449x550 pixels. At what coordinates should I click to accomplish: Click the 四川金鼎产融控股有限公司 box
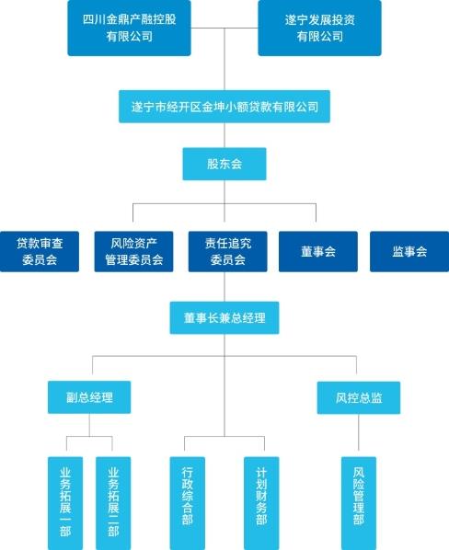click(129, 29)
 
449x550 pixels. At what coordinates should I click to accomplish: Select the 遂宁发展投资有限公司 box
click(319, 29)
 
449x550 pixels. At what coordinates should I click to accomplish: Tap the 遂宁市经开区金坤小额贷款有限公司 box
click(224, 107)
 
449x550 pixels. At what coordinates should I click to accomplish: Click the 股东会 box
click(224, 164)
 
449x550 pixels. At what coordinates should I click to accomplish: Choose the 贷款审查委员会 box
click(40, 251)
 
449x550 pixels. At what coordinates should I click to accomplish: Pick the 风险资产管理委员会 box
click(133, 251)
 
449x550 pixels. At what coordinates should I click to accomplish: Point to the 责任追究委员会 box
click(227, 251)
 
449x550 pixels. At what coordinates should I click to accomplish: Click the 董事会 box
click(318, 251)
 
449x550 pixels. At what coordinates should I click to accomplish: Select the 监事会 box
click(409, 251)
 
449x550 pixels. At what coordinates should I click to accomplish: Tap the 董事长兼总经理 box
click(224, 318)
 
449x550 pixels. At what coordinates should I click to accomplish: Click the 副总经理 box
click(89, 397)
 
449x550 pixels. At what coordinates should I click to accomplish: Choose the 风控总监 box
click(359, 397)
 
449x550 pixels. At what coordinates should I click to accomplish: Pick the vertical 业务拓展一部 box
click(65, 503)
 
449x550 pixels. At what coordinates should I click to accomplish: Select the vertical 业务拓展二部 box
click(113, 503)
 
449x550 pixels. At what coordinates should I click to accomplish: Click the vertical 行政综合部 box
click(188, 503)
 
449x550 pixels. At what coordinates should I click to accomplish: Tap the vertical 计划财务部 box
click(261, 503)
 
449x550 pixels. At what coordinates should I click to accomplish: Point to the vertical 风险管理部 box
click(359, 503)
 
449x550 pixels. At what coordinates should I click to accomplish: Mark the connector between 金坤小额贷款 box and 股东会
click(224, 135)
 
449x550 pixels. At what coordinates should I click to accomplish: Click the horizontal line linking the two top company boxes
click(224, 29)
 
